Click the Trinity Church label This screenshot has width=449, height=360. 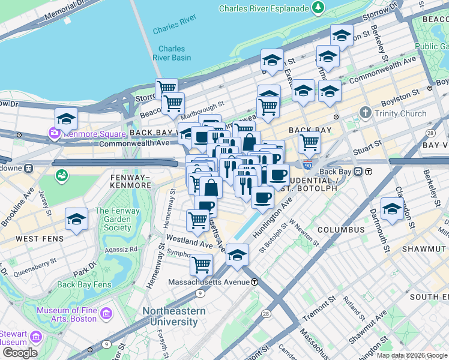point(400,113)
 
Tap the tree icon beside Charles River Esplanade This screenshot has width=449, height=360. point(318,8)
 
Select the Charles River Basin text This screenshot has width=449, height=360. point(175,53)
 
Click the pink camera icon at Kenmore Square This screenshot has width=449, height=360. point(55,132)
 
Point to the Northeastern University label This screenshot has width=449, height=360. point(173,317)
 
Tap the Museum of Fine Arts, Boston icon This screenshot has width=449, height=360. point(106,313)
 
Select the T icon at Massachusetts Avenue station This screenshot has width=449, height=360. point(255,282)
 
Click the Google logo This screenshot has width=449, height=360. point(20,352)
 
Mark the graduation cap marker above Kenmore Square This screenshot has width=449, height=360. point(66,118)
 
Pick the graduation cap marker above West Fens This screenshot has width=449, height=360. point(76,219)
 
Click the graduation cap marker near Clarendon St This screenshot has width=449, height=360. point(392,209)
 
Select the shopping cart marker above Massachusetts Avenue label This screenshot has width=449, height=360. point(201,264)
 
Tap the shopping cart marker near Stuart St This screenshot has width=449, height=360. point(309,143)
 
